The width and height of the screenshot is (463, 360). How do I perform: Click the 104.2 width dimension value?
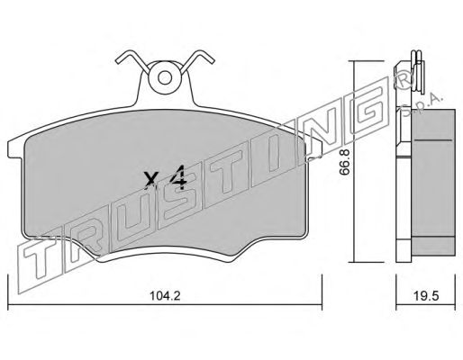[x=165, y=296]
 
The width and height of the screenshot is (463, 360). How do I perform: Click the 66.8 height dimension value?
[x=345, y=162]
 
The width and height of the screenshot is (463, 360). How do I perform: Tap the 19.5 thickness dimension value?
[x=426, y=296]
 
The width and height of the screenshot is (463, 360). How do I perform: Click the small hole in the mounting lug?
[x=165, y=78]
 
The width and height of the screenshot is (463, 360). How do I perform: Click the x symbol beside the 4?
[x=150, y=180]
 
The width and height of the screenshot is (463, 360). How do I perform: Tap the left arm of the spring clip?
[x=132, y=61]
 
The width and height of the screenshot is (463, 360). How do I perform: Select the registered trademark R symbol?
[x=404, y=79]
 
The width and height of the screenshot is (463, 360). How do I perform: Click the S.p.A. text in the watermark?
[x=422, y=105]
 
